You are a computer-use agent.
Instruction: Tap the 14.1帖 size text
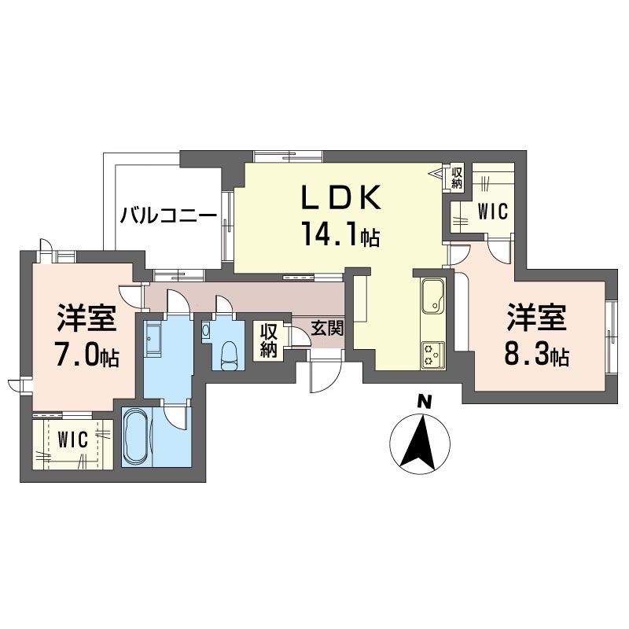(340, 234)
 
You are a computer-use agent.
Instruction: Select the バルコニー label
(168, 215)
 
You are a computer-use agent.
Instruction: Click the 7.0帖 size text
(86, 356)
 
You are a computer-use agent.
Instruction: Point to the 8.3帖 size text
(538, 356)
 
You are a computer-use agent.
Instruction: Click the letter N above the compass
(425, 402)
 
